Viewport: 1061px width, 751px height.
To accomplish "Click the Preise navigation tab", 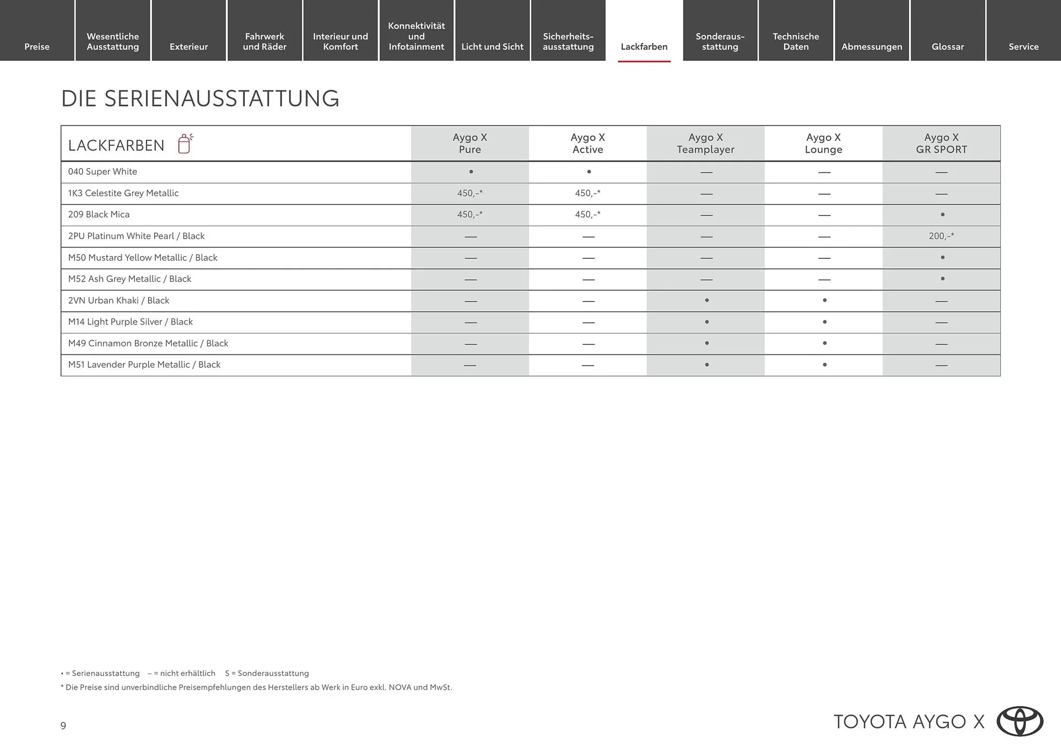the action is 37,46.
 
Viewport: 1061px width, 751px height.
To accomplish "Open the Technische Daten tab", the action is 796,41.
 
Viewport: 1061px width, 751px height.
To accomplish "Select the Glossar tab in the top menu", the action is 948,46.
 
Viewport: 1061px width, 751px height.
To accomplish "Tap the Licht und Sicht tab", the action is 492,46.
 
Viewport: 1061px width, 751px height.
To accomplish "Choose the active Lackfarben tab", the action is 644,46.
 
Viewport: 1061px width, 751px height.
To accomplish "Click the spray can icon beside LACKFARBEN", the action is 185,144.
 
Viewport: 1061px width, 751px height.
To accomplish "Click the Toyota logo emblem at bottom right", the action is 1020,722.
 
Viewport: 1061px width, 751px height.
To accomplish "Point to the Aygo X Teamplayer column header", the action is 706,143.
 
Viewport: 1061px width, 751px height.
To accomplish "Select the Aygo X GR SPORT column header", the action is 941,143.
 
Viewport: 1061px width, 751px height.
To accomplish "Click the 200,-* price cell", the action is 941,236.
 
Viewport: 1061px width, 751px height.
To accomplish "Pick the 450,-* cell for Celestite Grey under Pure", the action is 470,193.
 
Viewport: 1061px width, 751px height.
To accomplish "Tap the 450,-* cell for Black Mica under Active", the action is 587,215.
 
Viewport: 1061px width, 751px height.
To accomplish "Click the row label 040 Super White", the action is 103,171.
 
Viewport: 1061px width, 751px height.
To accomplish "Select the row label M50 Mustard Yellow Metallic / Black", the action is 143,258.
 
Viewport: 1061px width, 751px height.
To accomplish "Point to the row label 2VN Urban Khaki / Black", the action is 119,300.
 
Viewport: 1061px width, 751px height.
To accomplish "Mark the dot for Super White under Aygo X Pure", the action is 471,172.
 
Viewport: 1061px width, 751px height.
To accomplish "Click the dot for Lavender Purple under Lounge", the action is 824,365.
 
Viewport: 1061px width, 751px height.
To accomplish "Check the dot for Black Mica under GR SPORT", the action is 942,215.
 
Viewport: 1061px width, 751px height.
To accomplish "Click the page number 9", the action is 64,726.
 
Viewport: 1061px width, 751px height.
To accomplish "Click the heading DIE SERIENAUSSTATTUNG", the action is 200,98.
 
